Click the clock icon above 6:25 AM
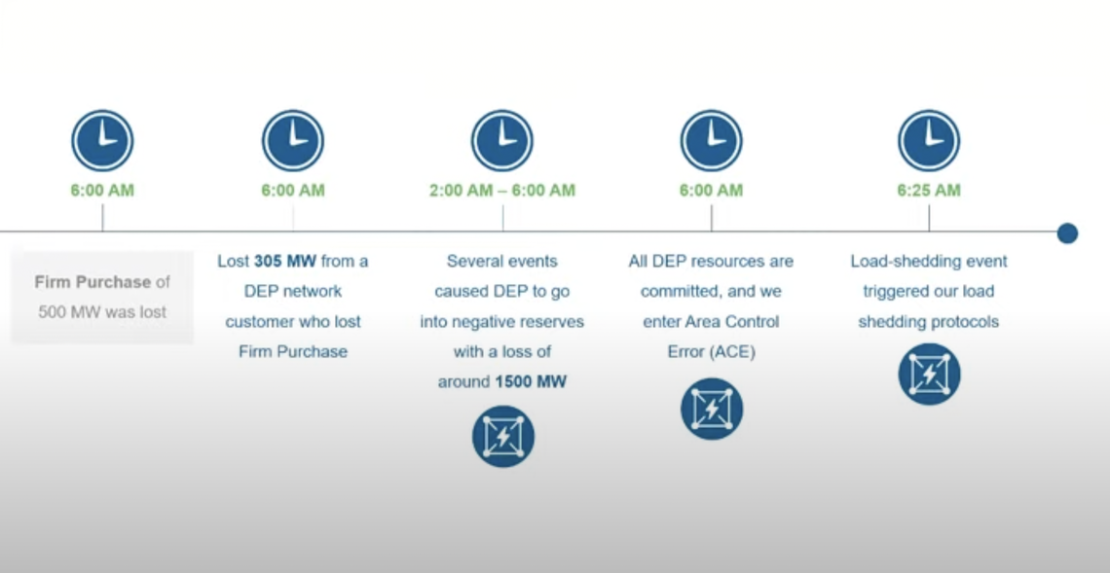tap(928, 141)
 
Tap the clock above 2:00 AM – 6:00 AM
tap(502, 141)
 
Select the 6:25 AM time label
tap(928, 191)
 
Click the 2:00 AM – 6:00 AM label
tap(502, 191)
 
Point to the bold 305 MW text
tap(285, 261)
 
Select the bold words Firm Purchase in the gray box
tap(92, 282)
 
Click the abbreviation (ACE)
tap(731, 352)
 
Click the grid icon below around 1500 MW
tap(502, 436)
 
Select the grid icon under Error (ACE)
tap(712, 409)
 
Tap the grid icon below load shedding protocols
tap(929, 375)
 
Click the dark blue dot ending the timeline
tap(1067, 233)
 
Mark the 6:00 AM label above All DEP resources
tap(711, 191)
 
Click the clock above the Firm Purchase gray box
tap(102, 141)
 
